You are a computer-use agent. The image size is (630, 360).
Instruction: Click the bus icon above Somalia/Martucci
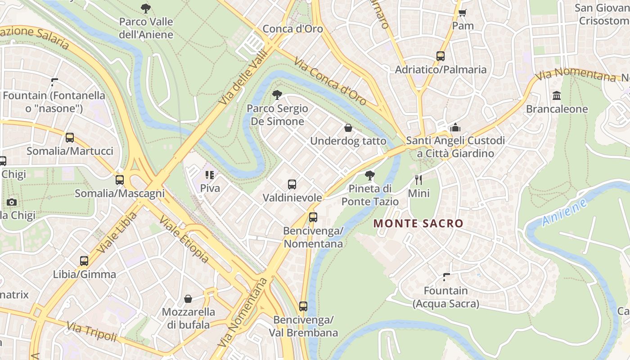pyautogui.click(x=70, y=138)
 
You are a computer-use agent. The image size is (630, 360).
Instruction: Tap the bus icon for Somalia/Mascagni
pyautogui.click(x=120, y=180)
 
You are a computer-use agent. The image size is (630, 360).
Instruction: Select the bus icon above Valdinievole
pyautogui.click(x=292, y=184)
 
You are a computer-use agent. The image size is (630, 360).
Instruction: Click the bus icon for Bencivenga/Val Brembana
pyautogui.click(x=303, y=306)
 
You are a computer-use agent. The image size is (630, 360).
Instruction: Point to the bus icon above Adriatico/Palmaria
pyautogui.click(x=441, y=56)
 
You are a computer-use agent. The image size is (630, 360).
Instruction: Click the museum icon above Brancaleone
pyautogui.click(x=557, y=96)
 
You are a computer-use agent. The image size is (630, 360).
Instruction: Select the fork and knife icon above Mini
pyautogui.click(x=418, y=180)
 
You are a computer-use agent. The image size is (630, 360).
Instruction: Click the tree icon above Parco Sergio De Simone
pyautogui.click(x=277, y=95)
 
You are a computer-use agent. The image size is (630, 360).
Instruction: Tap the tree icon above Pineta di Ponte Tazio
pyautogui.click(x=370, y=175)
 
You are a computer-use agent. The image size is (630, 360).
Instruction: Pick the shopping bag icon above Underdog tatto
pyautogui.click(x=348, y=128)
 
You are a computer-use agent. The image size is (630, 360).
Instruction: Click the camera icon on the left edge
pyautogui.click(x=12, y=202)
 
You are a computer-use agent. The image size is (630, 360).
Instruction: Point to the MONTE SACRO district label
pyautogui.click(x=418, y=223)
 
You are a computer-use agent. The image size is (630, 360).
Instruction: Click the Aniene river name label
pyautogui.click(x=565, y=212)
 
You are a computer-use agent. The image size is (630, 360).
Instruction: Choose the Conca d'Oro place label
pyautogui.click(x=292, y=29)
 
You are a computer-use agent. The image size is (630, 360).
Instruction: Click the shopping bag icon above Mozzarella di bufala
pyautogui.click(x=188, y=299)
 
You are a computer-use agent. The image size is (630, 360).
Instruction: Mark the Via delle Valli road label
pyautogui.click(x=243, y=77)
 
